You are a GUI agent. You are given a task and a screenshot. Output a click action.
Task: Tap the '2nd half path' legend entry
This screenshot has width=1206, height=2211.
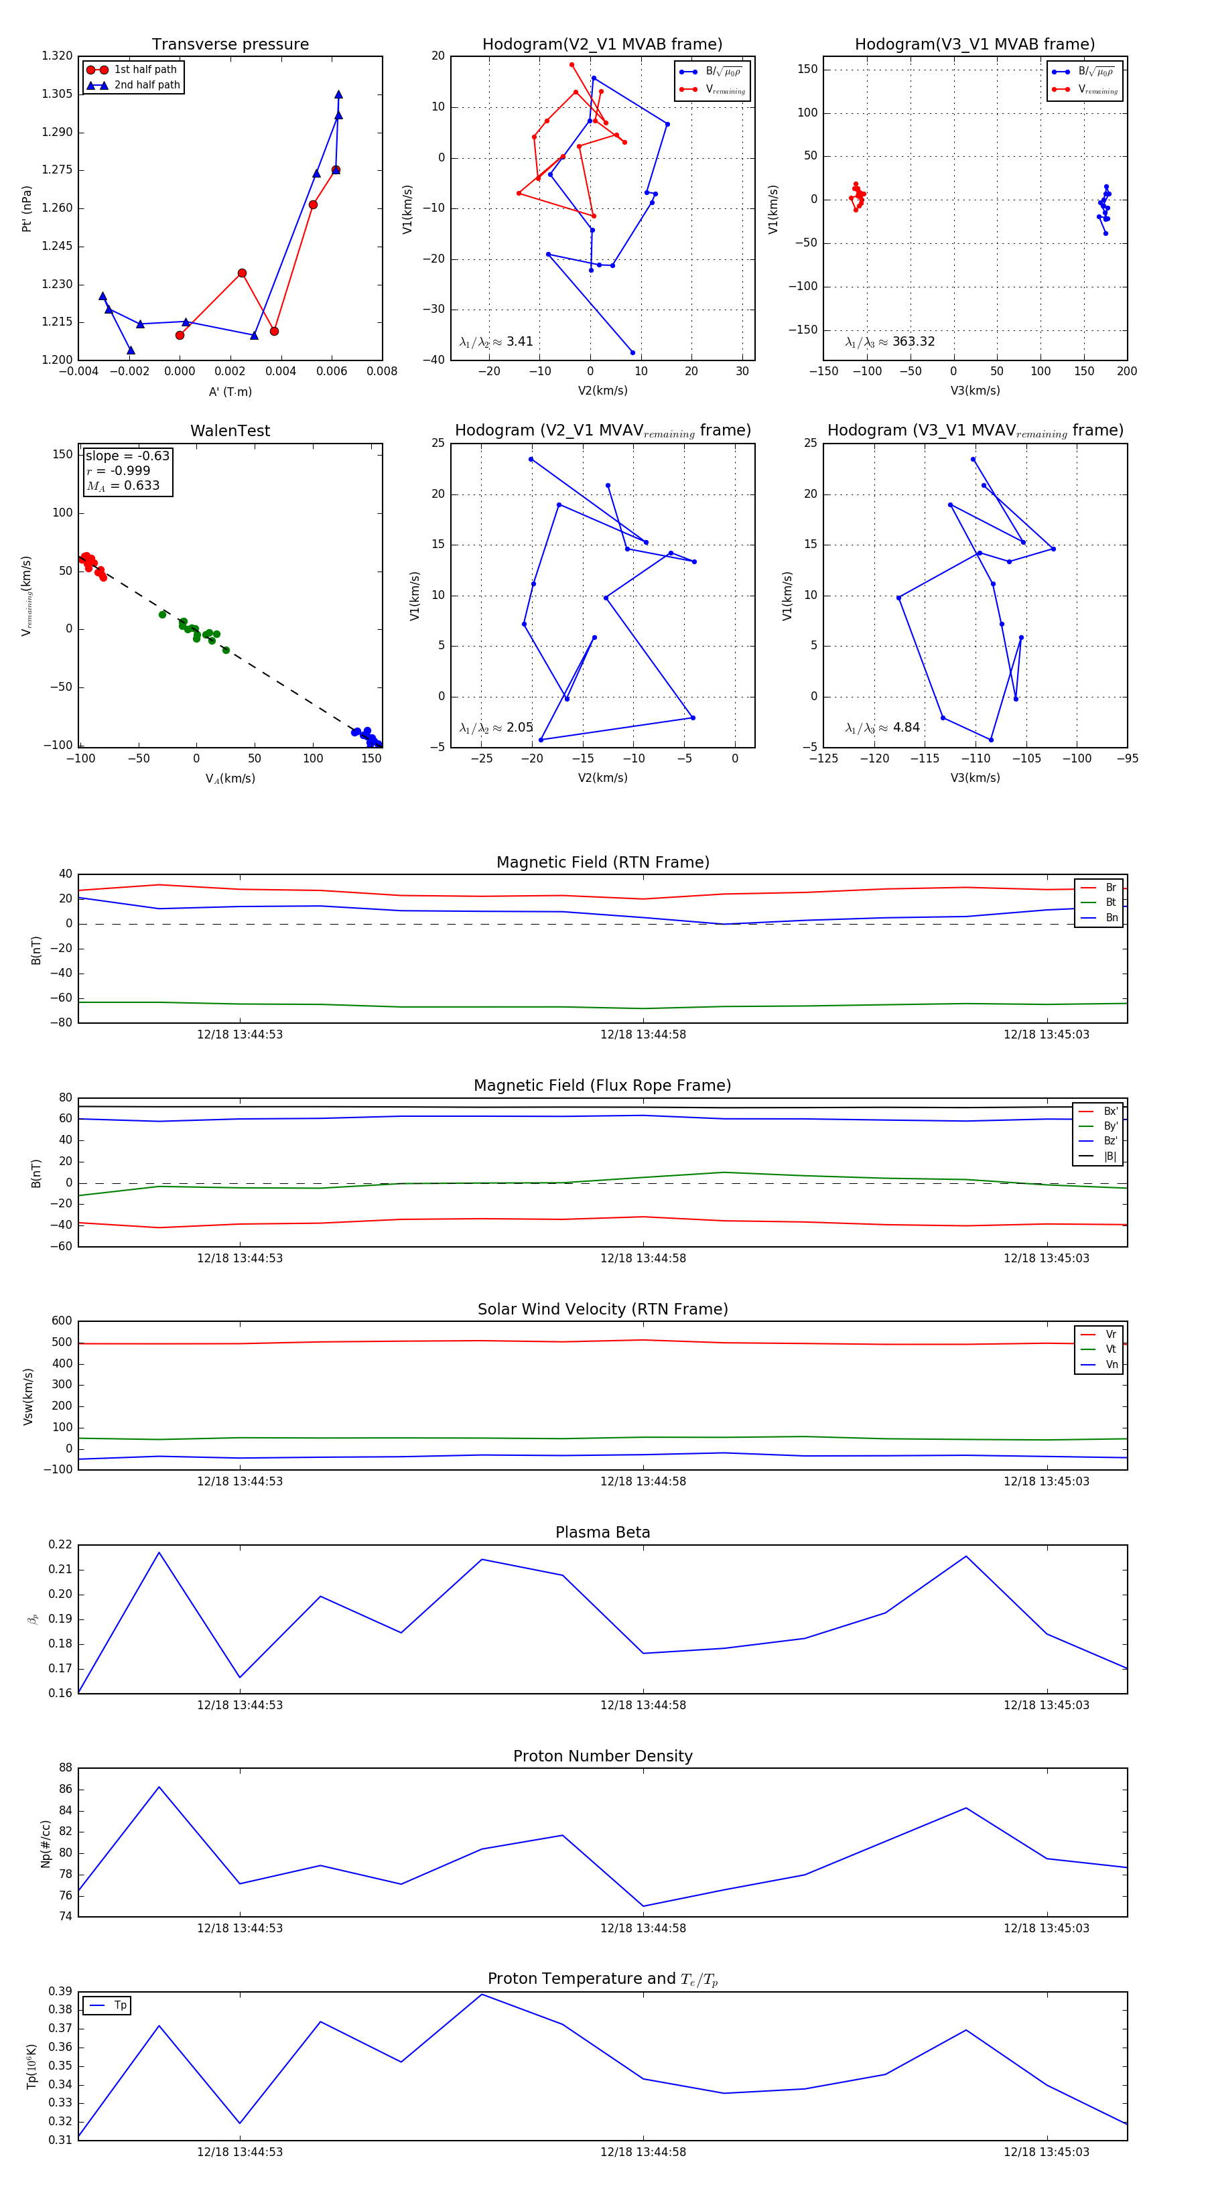click(x=147, y=85)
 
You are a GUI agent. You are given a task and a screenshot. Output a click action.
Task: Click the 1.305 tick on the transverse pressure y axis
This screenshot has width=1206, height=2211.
click(x=58, y=94)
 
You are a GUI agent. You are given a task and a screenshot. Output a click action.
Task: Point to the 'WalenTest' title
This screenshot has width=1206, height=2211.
click(x=230, y=431)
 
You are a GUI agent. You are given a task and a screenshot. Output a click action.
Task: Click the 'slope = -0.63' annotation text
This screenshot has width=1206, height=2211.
click(x=127, y=456)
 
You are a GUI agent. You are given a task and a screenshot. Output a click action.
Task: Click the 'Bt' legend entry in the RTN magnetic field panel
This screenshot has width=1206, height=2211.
click(x=1110, y=902)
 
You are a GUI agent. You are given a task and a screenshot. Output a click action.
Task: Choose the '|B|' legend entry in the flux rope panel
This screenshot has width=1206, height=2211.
click(x=1110, y=1156)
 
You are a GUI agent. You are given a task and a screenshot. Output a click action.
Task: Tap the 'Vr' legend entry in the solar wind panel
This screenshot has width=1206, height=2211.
click(x=1111, y=1335)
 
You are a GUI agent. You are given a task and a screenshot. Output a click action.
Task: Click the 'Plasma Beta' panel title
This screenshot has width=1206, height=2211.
click(x=602, y=1533)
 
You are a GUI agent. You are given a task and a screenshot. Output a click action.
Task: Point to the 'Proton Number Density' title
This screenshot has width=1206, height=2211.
click(x=602, y=1756)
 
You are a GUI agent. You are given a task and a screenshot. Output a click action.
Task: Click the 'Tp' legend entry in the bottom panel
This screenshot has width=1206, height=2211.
click(x=120, y=2005)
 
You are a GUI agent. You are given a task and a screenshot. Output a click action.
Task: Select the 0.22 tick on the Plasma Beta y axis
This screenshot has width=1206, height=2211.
click(x=60, y=1545)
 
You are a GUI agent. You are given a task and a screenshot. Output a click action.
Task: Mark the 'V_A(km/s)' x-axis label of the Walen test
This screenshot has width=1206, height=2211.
click(x=230, y=779)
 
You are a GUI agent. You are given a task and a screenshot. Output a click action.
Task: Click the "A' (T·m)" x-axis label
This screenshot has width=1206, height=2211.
click(x=230, y=392)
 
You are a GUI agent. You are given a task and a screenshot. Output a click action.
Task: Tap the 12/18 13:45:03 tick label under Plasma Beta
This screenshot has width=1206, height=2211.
click(x=1047, y=1704)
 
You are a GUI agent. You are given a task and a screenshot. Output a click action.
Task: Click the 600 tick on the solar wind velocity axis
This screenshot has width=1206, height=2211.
click(x=62, y=1321)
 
